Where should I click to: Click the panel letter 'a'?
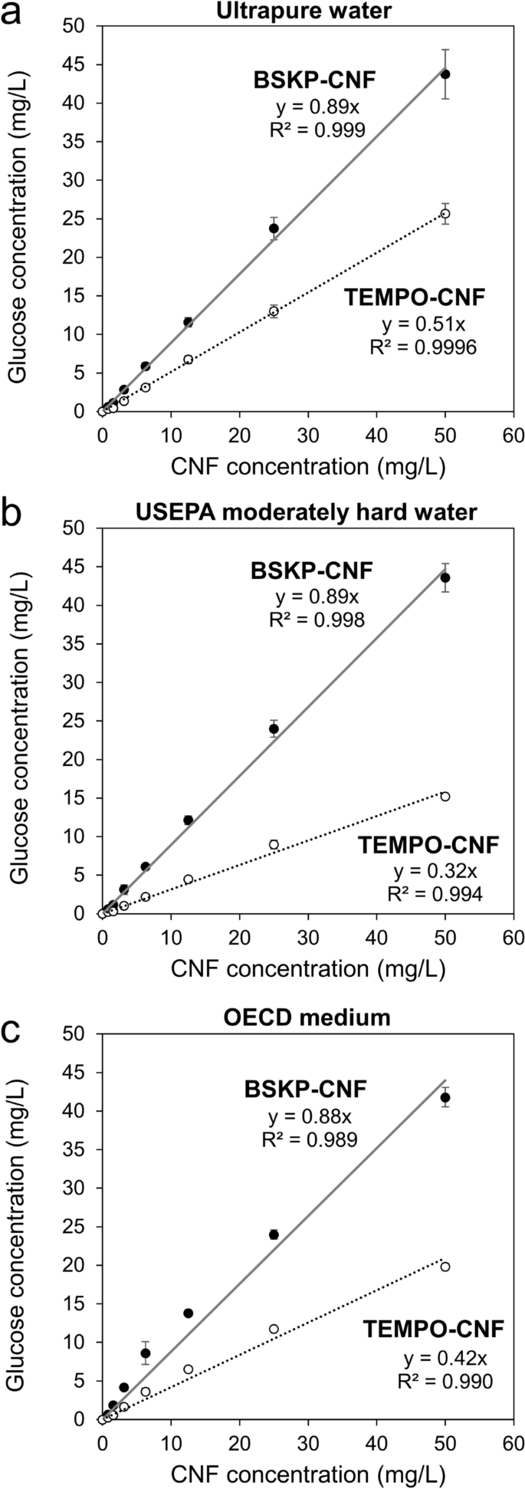click(14, 14)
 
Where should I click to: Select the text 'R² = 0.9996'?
click(423, 347)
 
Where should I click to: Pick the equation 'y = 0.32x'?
click(431, 872)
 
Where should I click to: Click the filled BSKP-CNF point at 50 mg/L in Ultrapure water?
click(445, 74)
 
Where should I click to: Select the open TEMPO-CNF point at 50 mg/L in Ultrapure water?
click(445, 213)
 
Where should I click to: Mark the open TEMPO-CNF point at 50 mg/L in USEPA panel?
click(445, 797)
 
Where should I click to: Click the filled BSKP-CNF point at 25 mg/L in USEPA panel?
click(274, 728)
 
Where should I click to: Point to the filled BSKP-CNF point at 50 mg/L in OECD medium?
click(445, 1098)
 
